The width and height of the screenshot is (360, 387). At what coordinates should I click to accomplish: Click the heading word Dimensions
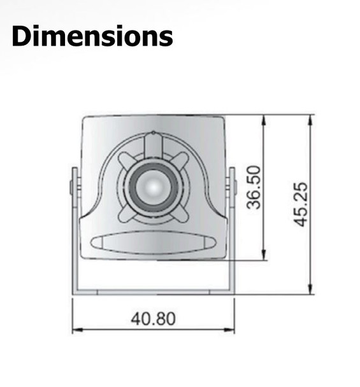(x=92, y=36)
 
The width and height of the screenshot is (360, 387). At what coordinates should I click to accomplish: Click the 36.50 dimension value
(x=255, y=187)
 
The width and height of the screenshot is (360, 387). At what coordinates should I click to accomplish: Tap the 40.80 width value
(x=153, y=318)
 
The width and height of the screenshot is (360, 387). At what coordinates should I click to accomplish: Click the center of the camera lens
(x=153, y=187)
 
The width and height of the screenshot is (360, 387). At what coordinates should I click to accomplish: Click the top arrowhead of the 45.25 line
(x=311, y=119)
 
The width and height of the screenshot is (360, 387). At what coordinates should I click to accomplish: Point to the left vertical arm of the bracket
(x=75, y=229)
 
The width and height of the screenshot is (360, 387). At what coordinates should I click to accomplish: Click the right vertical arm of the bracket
(x=231, y=229)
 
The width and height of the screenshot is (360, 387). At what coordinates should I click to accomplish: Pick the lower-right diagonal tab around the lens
(x=181, y=215)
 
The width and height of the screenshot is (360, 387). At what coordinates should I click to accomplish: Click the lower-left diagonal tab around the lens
(x=125, y=215)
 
